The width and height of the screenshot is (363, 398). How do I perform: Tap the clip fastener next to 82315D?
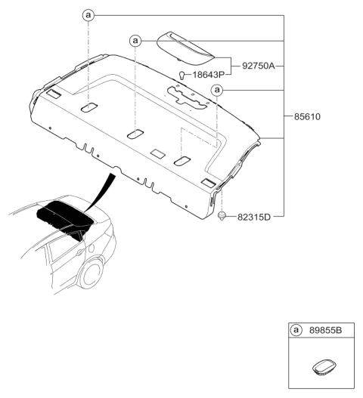222,216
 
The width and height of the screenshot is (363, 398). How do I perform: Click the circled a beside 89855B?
296,331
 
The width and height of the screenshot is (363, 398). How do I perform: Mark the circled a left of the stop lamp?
135,40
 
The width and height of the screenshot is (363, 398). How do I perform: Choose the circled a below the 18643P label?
217,91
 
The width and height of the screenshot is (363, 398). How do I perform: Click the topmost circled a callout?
88,14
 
